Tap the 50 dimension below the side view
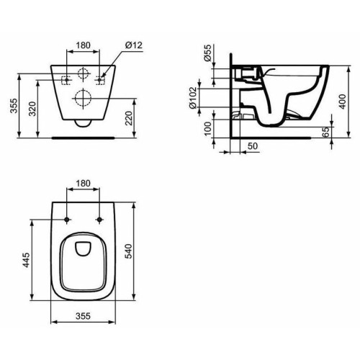click(x=251, y=146)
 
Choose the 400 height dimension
click(x=350, y=104)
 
